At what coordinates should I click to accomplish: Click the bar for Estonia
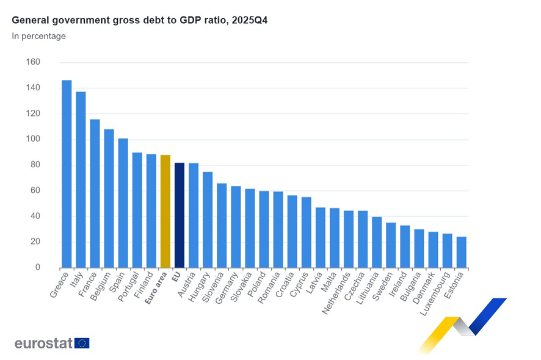point(462,252)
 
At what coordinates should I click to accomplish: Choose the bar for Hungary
point(208,220)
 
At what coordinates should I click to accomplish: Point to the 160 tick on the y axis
point(33,62)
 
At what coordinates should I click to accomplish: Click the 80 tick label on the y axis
point(35,165)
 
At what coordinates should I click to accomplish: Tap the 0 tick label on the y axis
point(38,267)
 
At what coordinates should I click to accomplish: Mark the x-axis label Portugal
point(130,287)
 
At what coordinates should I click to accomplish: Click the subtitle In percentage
point(39,36)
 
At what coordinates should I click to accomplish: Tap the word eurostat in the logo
point(43,343)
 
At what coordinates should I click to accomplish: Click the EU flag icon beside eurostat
point(82,343)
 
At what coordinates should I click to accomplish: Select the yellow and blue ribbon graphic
point(464,323)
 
